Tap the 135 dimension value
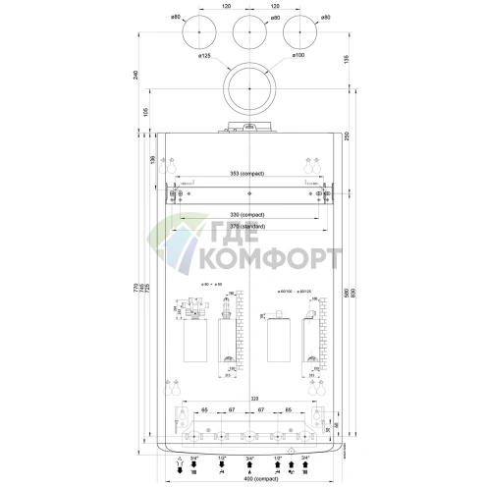point(349,61)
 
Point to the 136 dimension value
point(153,159)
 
